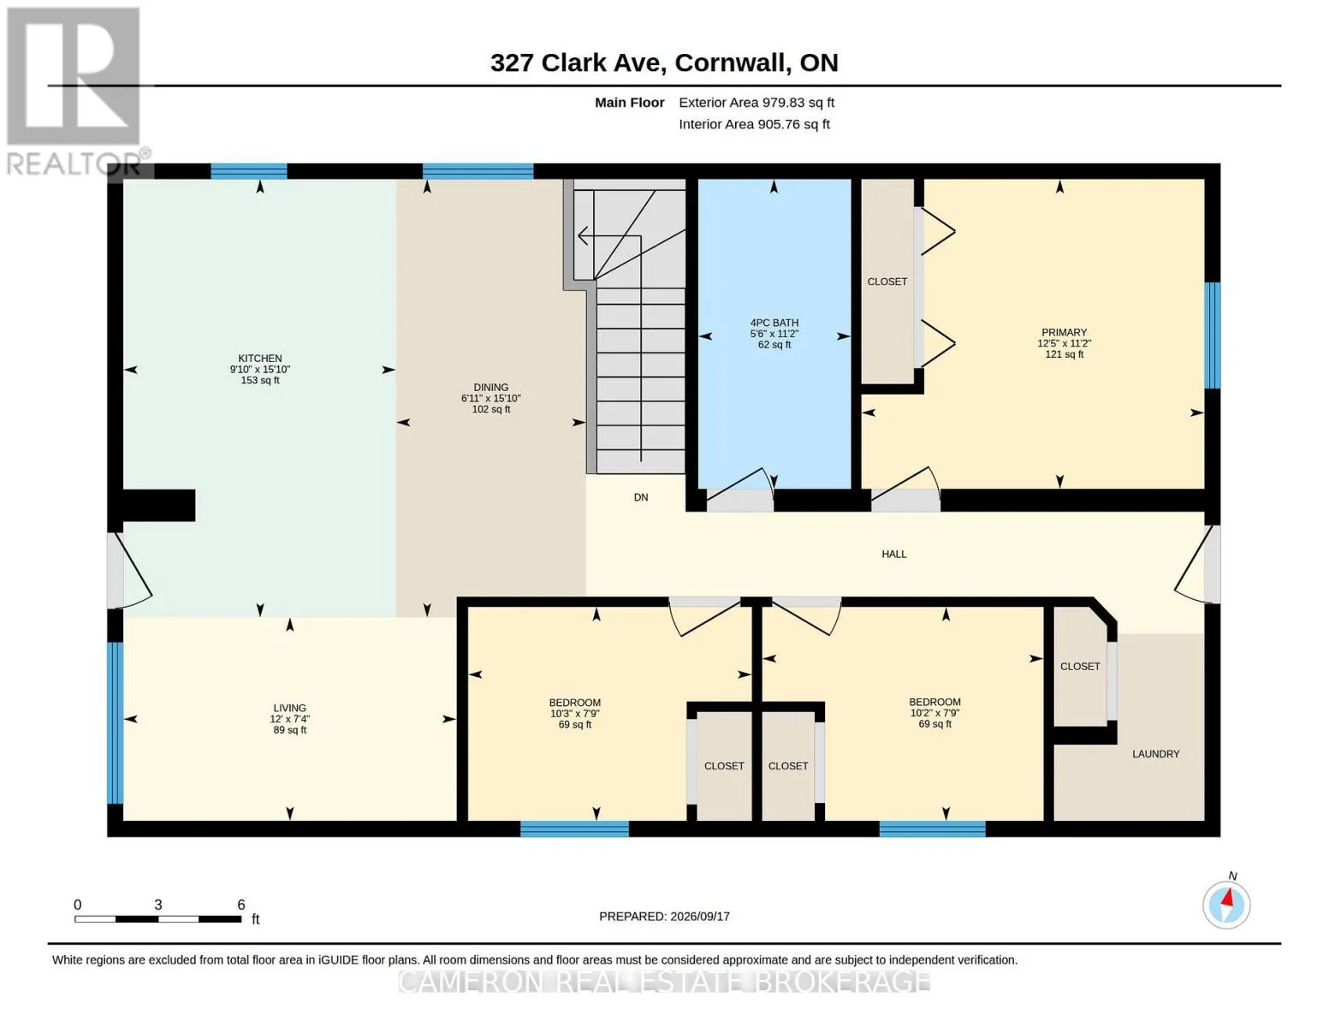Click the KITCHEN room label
260,358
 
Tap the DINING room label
490,387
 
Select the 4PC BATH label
774,323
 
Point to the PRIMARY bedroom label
1065,332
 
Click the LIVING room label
290,708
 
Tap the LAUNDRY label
1155,754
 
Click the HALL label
893,554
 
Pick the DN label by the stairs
640,497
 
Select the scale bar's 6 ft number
241,904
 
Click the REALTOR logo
74,92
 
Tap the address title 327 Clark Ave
578,62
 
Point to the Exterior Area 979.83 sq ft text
756,102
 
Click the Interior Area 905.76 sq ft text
754,124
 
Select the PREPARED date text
664,916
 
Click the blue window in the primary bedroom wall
1212,335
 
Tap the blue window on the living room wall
115,721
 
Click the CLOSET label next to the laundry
1080,666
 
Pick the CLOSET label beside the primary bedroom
887,282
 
